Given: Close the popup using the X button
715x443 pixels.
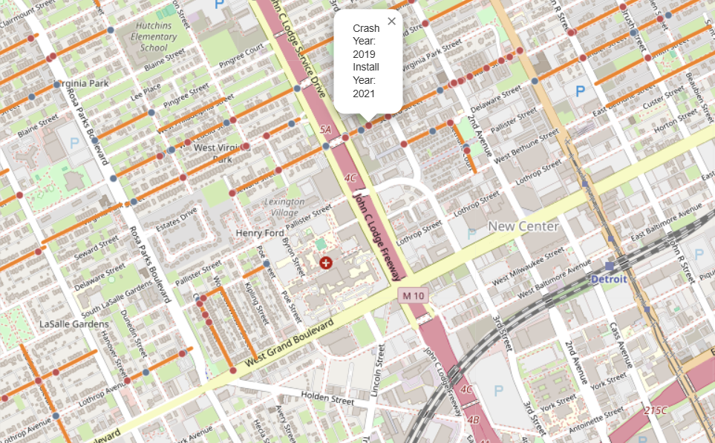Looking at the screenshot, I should tap(391, 22).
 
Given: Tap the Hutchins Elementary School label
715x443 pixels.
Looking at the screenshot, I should tap(154, 36).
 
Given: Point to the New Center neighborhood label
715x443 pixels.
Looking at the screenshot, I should tap(523, 226).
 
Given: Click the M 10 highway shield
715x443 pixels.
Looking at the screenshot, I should tap(413, 295).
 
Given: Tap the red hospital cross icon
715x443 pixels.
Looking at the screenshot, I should tap(325, 262).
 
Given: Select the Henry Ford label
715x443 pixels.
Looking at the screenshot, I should tap(259, 233).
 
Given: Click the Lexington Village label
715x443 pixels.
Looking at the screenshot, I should tap(285, 206).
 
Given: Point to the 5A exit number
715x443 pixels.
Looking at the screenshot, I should tap(324, 130).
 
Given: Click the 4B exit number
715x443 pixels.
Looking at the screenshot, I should tap(473, 419).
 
